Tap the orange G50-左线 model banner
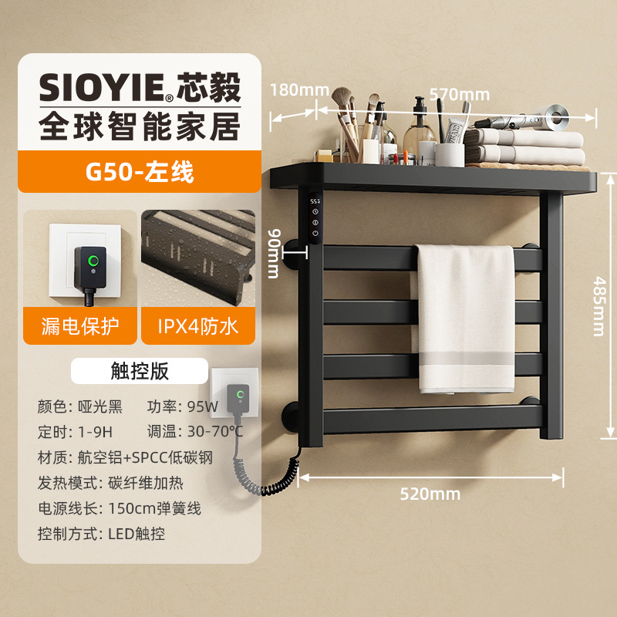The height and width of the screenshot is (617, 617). click(140, 170)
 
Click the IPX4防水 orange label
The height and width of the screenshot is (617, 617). click(199, 326)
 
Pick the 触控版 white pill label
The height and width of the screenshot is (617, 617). click(140, 371)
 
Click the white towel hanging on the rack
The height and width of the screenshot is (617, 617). click(466, 316)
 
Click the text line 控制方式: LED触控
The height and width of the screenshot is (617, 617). click(101, 533)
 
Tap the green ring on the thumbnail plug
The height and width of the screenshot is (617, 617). click(94, 260)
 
